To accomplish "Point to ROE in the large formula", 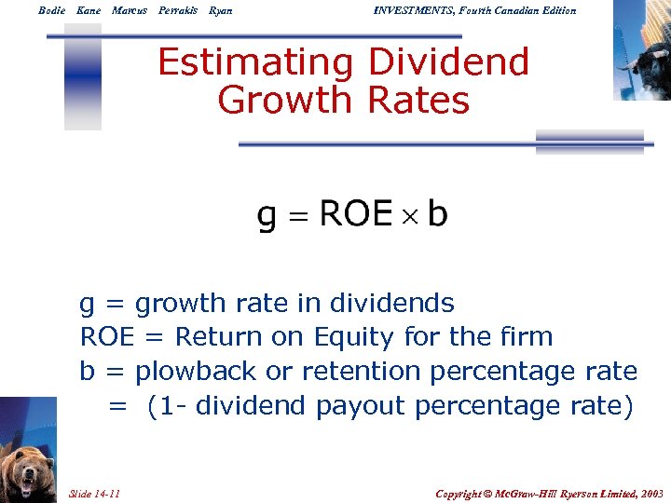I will (356, 214).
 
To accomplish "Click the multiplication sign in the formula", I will (410, 216).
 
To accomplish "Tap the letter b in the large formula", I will (437, 214).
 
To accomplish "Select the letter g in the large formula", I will (267, 217).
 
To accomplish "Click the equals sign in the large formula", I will (297, 216).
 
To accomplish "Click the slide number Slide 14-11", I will (94, 493).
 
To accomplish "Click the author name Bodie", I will (51, 10).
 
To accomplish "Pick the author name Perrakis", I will (178, 10).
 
